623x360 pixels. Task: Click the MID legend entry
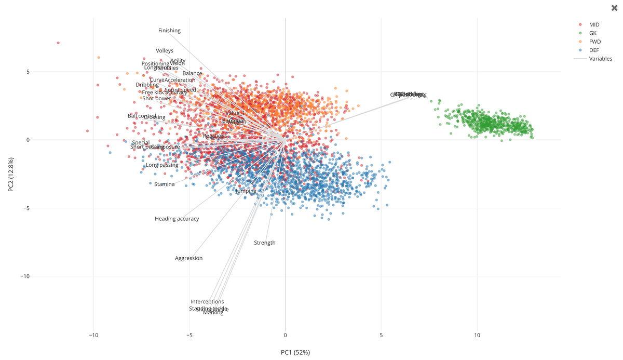coord(594,24)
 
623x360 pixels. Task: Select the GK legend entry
coord(592,33)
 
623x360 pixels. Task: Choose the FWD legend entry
coord(594,42)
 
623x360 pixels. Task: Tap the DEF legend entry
coord(594,50)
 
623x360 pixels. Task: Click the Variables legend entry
coord(600,59)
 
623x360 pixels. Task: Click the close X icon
coord(615,8)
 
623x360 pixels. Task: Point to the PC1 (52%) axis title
coord(295,353)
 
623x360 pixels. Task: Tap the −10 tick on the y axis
coord(24,276)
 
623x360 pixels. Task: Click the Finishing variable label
coord(169,31)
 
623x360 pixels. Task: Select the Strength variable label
coord(265,243)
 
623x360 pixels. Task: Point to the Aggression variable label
coord(188,258)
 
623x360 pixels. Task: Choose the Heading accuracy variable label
coord(177,219)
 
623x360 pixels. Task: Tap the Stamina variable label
coord(165,184)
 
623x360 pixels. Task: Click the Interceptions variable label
coord(207,302)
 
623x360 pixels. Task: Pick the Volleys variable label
coord(165,51)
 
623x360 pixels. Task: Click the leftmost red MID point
coord(58,43)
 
